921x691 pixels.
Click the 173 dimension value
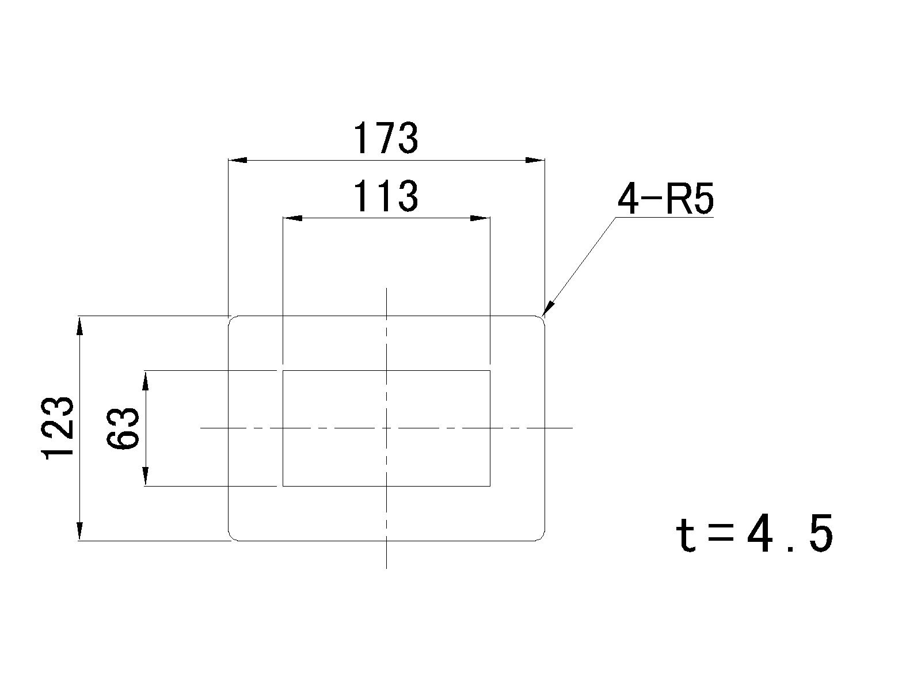pyautogui.click(x=386, y=138)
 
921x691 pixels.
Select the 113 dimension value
pyautogui.click(x=386, y=196)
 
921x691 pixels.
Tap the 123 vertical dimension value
pyautogui.click(x=58, y=428)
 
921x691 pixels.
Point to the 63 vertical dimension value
pyautogui.click(x=122, y=428)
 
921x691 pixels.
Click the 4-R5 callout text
pyautogui.click(x=665, y=199)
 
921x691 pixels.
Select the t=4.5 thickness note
pyautogui.click(x=754, y=536)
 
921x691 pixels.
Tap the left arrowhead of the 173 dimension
pyautogui.click(x=238, y=160)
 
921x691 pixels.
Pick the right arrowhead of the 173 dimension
pyautogui.click(x=535, y=160)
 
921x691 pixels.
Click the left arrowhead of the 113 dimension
pyautogui.click(x=292, y=218)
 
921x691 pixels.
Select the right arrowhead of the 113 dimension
pyautogui.click(x=481, y=218)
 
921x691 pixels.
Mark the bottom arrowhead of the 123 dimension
pyautogui.click(x=80, y=531)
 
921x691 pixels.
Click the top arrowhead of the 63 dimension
pyautogui.click(x=146, y=381)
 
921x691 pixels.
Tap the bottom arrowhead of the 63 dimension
pyautogui.click(x=146, y=477)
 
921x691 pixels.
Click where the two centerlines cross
pyautogui.click(x=386, y=428)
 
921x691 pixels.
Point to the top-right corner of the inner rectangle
pyautogui.click(x=490, y=371)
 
